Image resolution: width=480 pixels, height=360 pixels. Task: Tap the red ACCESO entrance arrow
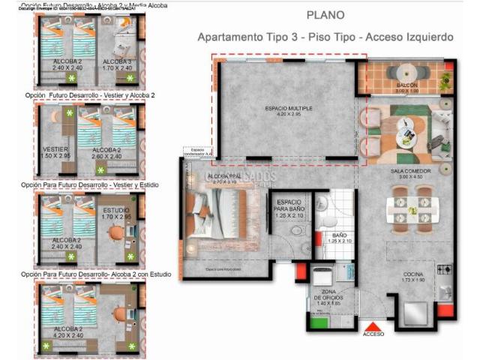pos(373,325)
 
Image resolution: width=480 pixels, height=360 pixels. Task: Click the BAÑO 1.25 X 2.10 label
pos(339,238)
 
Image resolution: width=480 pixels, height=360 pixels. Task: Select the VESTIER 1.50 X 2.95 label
pos(56,152)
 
